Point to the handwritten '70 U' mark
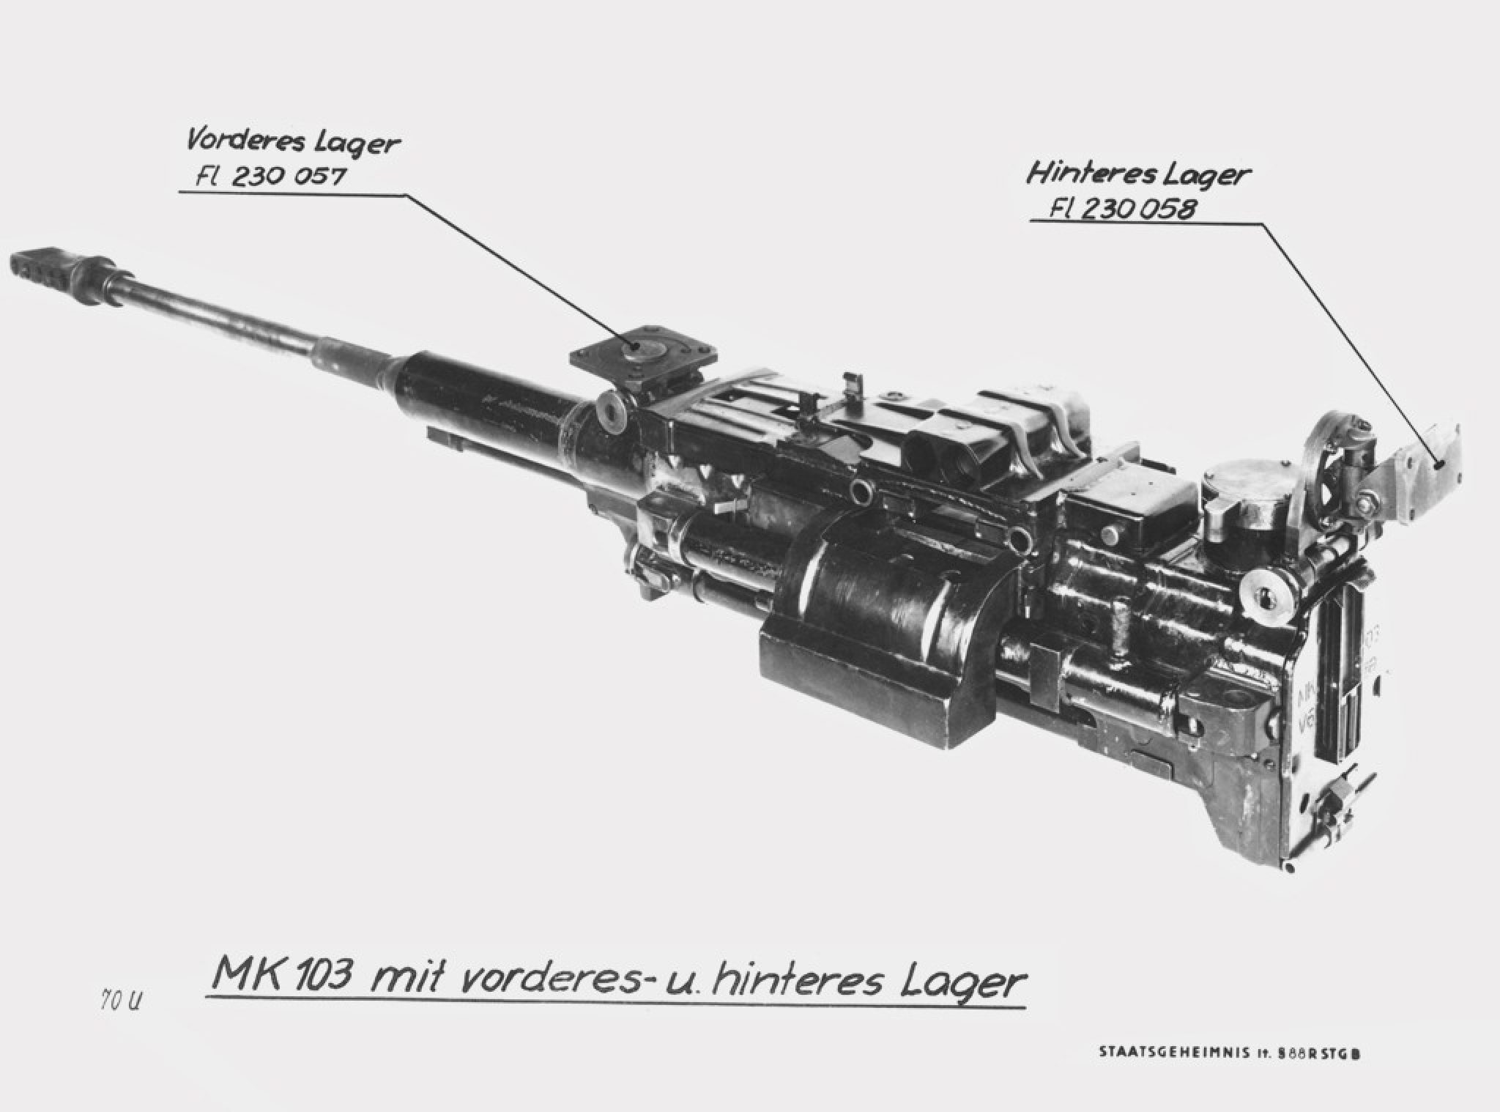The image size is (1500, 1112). (119, 1001)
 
